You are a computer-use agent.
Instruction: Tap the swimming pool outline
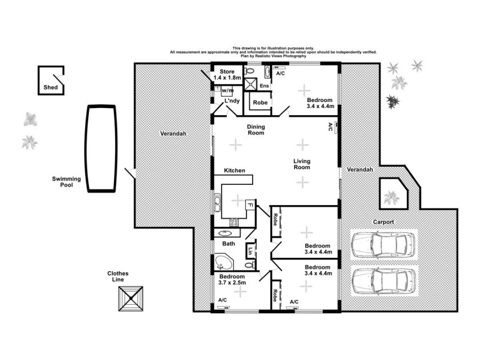[100, 149]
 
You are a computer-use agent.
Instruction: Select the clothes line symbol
[131, 298]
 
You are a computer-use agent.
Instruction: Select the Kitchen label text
[235, 171]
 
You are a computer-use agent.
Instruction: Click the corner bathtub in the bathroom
[224, 263]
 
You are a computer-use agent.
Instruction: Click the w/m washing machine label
[227, 90]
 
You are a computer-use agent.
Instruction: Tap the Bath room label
[229, 244]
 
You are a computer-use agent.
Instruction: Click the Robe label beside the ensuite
[260, 103]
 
